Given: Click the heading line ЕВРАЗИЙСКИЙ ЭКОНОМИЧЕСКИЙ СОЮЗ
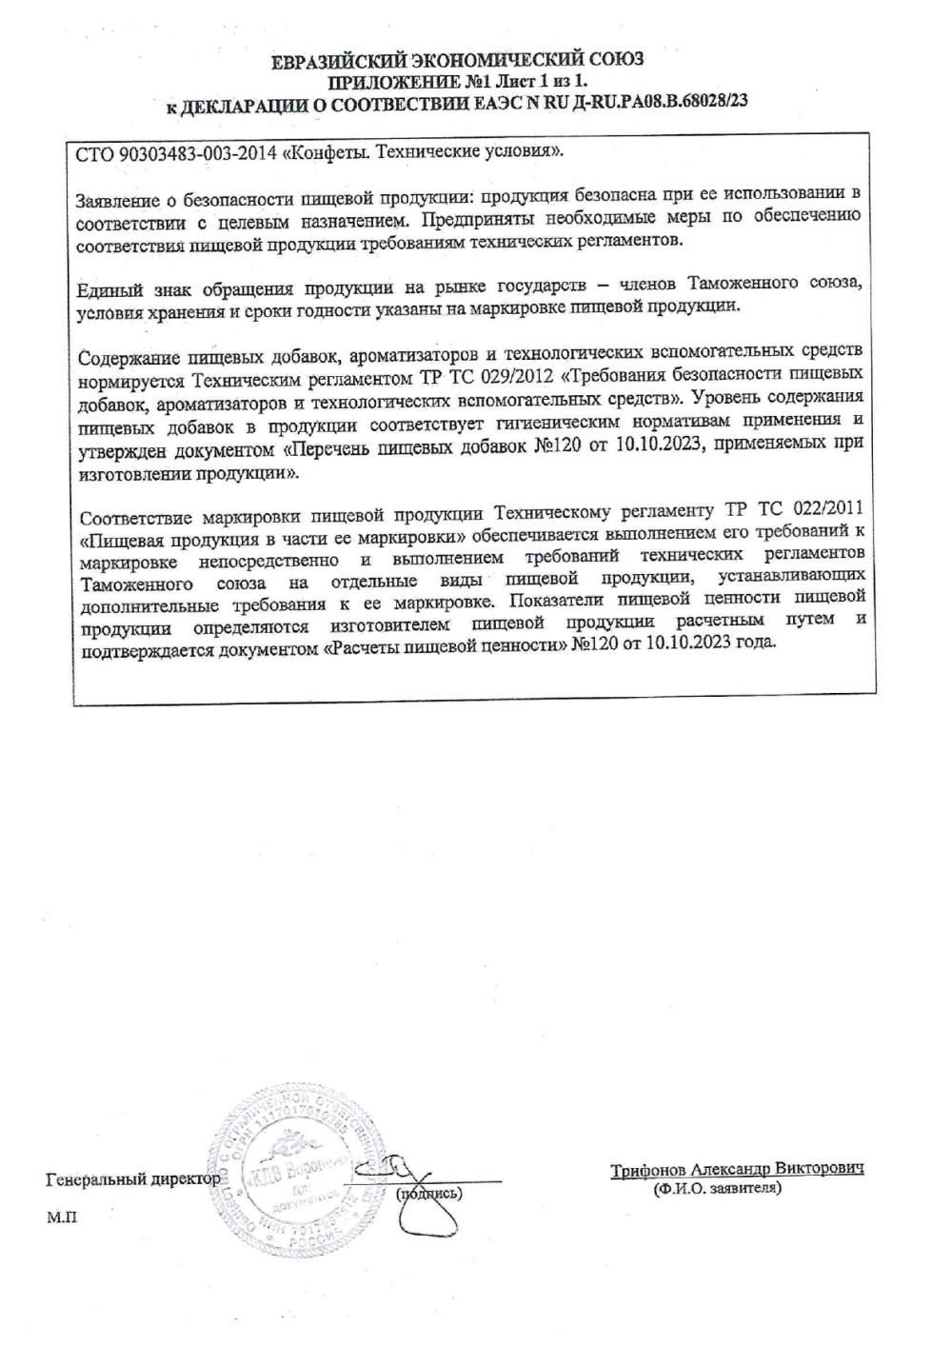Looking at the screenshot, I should tap(464, 62).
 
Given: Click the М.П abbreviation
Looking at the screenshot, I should tap(59, 1217).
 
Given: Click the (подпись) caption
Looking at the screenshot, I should tap(427, 1194).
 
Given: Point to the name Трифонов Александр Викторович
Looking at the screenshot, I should tap(737, 1168).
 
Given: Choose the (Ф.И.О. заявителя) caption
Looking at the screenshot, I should tap(716, 1189).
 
